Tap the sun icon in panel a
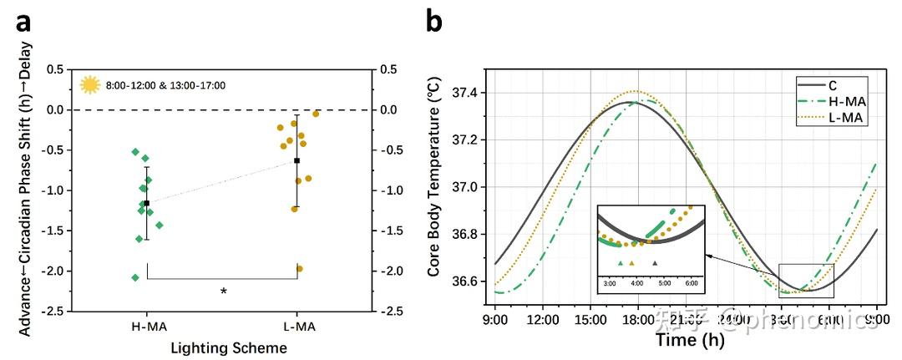coord(89,84)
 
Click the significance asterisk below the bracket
coord(223,292)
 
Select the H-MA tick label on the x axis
coord(147,327)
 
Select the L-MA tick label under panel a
coord(297,327)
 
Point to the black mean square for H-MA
coord(147,203)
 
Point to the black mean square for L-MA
coord(297,160)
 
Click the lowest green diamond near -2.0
coord(135,277)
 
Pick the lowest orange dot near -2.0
coord(299,268)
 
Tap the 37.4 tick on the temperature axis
coord(467,93)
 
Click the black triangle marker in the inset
coord(656,263)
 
